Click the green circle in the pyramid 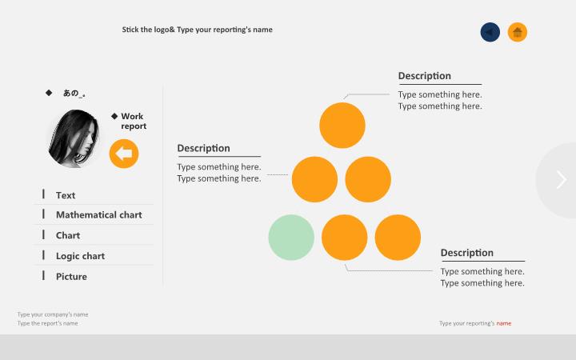coord(291,238)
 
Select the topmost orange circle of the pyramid coord(342,126)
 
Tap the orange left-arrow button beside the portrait coord(124,154)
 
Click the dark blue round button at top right coord(490,32)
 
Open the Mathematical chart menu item coord(99,214)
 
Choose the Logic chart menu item coord(80,256)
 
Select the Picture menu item coord(71,277)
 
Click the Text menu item coord(66,195)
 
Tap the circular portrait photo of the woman coord(74,138)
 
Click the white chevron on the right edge coord(561,180)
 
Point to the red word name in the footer coord(504,323)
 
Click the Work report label coord(134,122)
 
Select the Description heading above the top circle coord(425,76)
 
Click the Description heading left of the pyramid coord(203,148)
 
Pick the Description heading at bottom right coord(467,253)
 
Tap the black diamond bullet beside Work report coord(114,116)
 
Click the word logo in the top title coord(162,30)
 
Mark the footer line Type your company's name coord(53,314)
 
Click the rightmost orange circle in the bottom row coord(398,238)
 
